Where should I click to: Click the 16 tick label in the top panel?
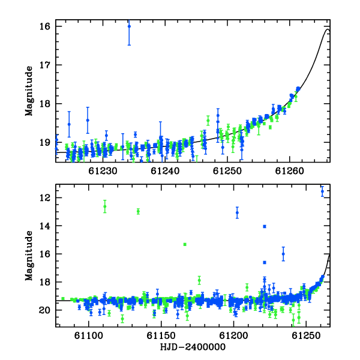(44, 26)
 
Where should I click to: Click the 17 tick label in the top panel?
(44, 65)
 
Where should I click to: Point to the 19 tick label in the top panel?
(44, 143)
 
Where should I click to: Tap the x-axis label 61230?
(103, 171)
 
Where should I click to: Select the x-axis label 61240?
(165, 171)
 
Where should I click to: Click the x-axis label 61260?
(290, 171)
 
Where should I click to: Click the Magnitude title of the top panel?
(29, 91)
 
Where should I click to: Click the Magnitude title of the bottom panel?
(29, 256)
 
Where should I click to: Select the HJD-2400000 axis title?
(193, 347)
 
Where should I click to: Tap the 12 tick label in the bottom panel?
(44, 197)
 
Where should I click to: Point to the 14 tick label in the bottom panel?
(44, 226)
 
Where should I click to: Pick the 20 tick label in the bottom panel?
(44, 310)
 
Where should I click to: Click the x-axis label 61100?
(89, 335)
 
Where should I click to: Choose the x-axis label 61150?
(161, 335)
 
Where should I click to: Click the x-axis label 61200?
(234, 335)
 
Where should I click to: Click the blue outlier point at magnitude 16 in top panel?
(129, 26)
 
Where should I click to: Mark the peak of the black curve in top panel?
(328, 29)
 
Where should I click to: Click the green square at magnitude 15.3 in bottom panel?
(185, 244)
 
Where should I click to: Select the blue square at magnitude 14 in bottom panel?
(265, 226)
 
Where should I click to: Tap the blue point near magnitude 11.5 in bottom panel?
(322, 191)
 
